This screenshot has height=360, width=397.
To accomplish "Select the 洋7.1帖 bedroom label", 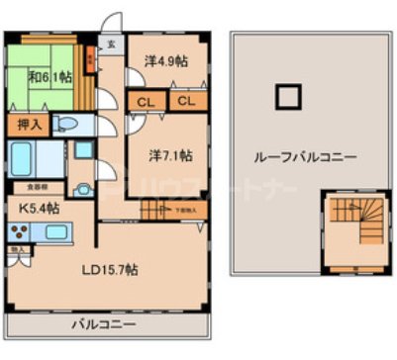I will coord(170,154).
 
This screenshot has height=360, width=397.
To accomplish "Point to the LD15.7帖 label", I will coord(110,269).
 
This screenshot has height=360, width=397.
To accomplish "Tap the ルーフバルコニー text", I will coord(305,156).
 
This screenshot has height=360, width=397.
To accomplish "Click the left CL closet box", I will coord(145,101).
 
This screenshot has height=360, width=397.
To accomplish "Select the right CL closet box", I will coord(186,101).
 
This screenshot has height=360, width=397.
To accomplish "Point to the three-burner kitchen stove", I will coord(19,232).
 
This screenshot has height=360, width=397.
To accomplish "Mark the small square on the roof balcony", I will coord(287,97).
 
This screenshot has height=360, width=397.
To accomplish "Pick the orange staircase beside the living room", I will coord(155,210).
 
